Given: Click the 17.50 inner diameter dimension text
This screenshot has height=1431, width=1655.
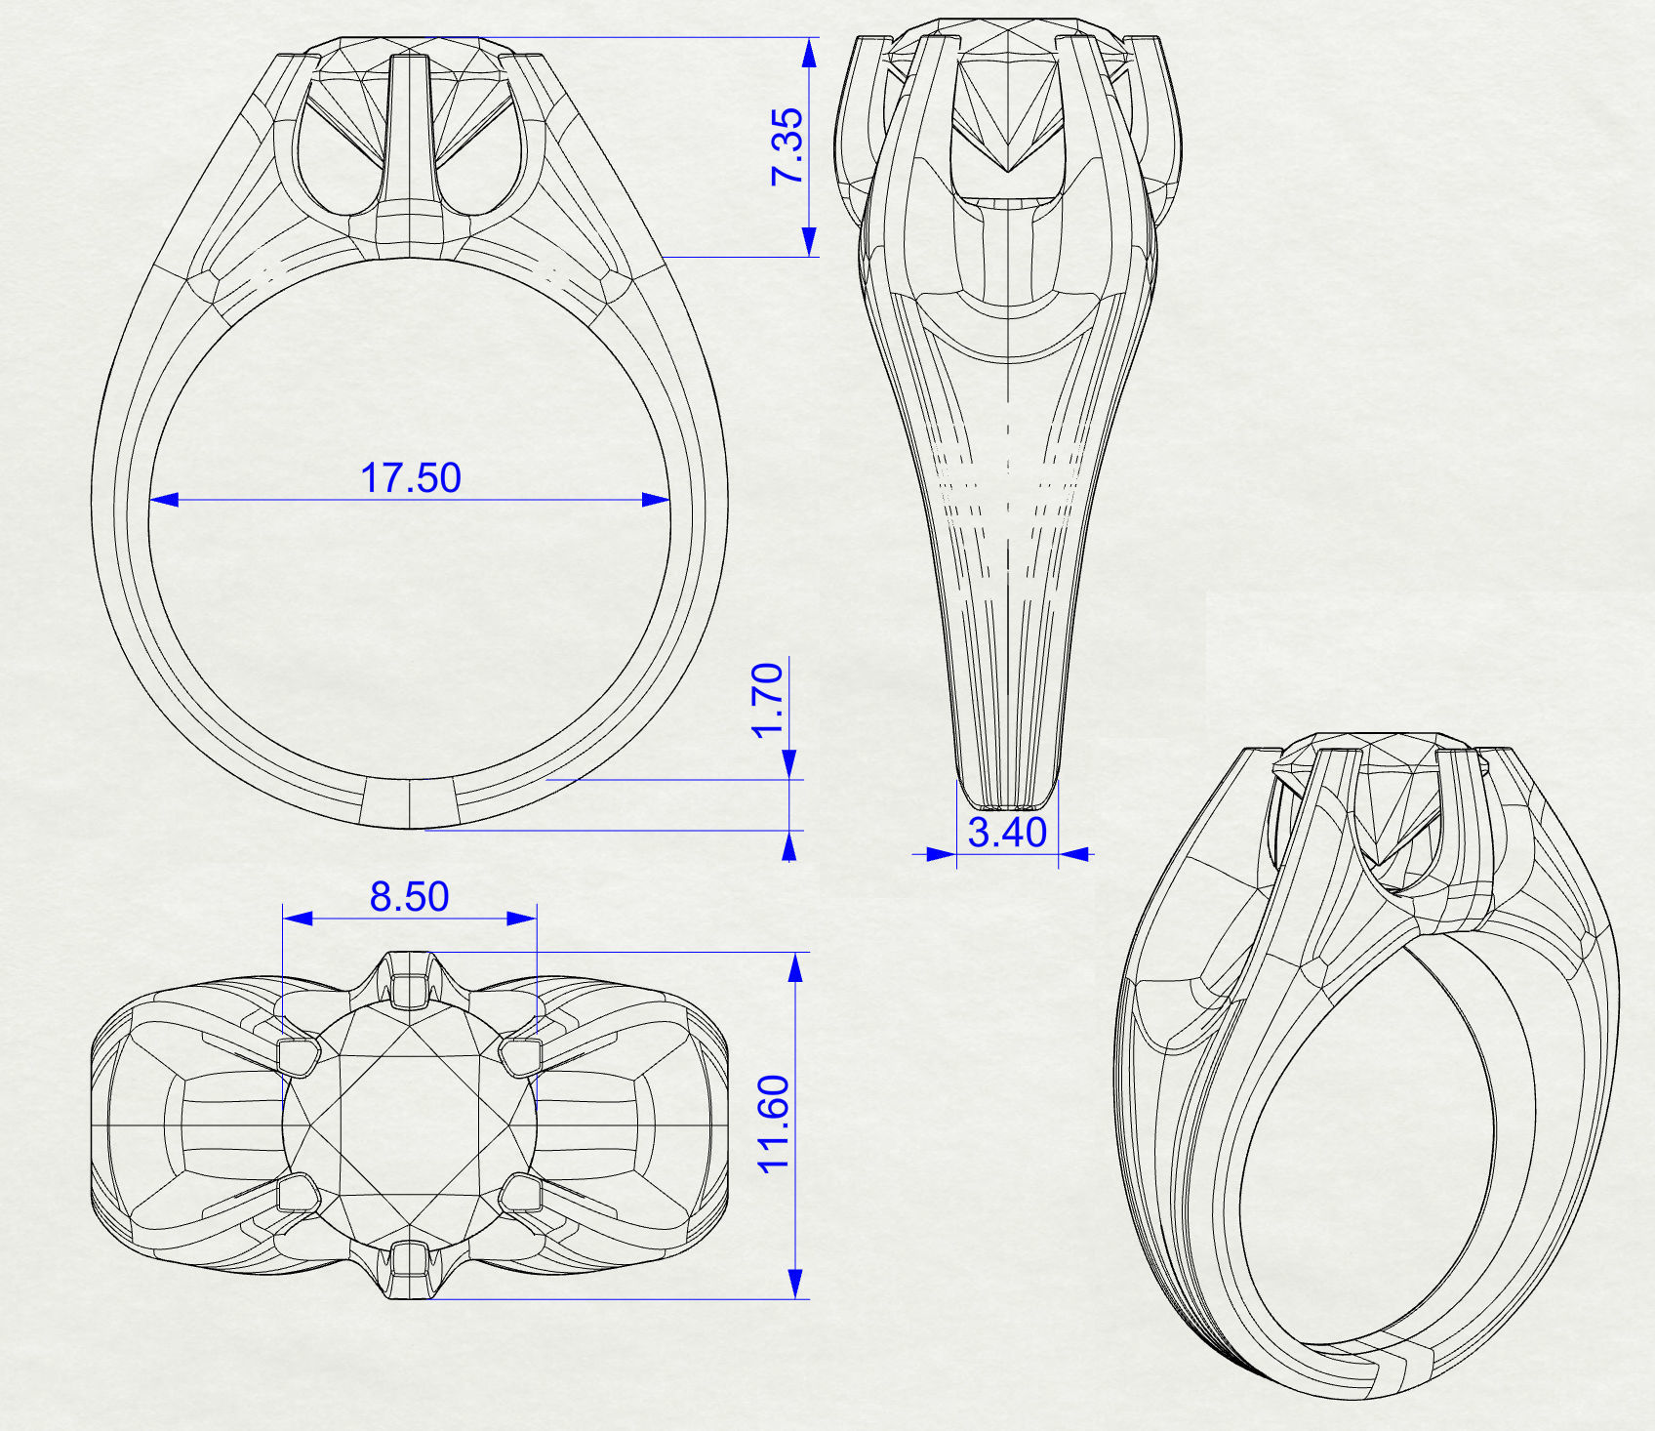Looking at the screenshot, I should (410, 478).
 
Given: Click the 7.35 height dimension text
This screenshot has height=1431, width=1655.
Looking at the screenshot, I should (787, 146).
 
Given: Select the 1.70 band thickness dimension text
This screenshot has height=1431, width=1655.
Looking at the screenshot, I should (768, 700).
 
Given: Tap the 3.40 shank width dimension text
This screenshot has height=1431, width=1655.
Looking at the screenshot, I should (1007, 833).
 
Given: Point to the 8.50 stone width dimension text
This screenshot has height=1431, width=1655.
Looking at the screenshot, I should (409, 896).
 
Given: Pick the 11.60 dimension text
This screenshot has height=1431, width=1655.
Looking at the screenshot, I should (774, 1124).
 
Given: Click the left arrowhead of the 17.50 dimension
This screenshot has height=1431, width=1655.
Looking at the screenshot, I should (164, 500).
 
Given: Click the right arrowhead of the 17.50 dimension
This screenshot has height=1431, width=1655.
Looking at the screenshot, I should (656, 500).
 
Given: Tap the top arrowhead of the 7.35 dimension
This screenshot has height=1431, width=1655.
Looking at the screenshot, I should (809, 53).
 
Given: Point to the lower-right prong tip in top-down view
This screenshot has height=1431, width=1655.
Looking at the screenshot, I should (521, 1193).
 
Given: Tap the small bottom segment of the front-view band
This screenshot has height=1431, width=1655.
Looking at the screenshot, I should (408, 803).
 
